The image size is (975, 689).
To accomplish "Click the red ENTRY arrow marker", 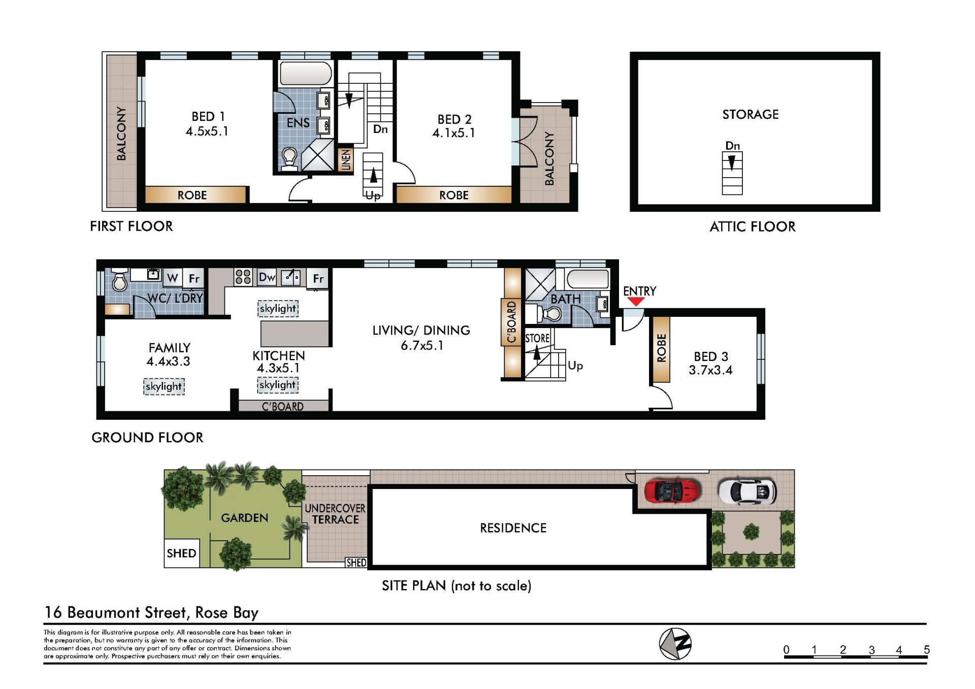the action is coord(635,302).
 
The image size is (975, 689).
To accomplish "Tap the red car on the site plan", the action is coord(672,491).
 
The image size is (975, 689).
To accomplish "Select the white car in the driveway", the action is coord(747,491).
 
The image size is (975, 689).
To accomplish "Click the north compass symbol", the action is coord(675,644).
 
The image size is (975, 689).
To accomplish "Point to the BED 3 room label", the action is coord(710,364).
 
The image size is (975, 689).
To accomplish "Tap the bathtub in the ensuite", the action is coord(306,74).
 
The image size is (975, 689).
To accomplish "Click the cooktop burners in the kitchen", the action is coord(243,277).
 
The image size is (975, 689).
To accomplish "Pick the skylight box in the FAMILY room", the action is coord(164,386).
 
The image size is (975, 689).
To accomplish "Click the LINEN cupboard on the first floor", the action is coord(346,159).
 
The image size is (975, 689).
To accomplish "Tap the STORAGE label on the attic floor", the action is coord(751,114).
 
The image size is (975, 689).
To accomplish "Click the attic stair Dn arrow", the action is coord(732,162).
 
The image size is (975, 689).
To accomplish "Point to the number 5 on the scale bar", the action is coord(926,649).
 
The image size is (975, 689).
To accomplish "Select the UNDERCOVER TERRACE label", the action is coord(335,514).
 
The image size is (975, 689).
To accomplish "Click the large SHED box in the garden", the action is coord(181,553).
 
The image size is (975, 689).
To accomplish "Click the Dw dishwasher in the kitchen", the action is coord(267,277).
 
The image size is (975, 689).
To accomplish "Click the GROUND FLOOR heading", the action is coord(147,437).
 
